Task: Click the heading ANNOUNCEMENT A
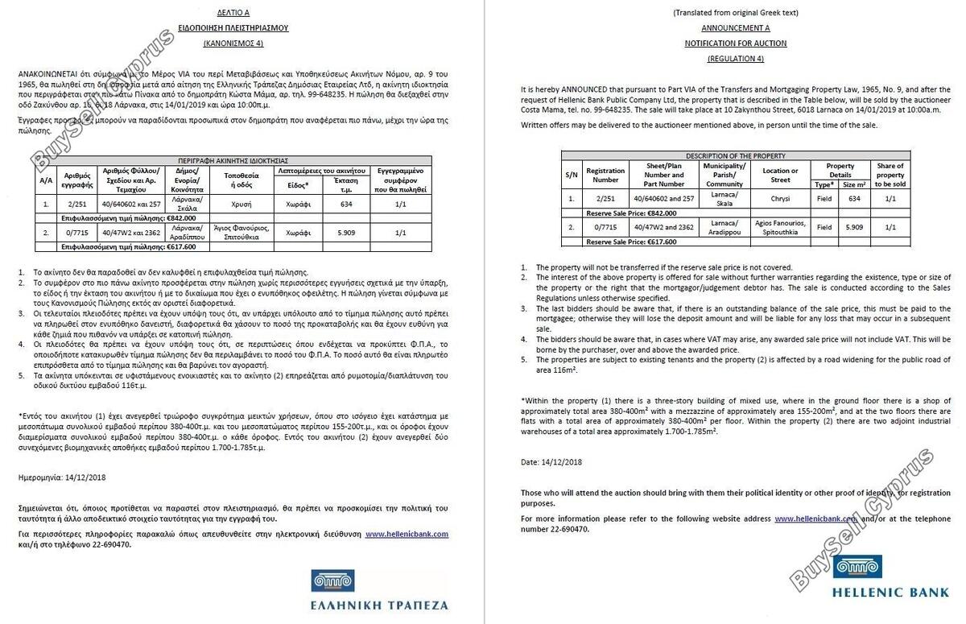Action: click(x=735, y=27)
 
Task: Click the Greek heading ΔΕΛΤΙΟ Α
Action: click(x=233, y=13)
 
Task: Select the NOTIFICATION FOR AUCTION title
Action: click(x=735, y=43)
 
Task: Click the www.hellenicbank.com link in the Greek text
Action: click(x=407, y=534)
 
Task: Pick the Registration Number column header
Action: click(x=605, y=175)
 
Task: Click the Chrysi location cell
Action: click(x=780, y=198)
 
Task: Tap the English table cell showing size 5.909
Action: click(x=853, y=227)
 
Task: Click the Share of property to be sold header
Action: click(x=890, y=175)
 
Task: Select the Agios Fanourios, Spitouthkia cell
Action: click(x=780, y=227)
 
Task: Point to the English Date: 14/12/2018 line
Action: click(x=551, y=462)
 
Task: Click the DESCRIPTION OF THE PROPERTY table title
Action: click(x=735, y=155)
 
